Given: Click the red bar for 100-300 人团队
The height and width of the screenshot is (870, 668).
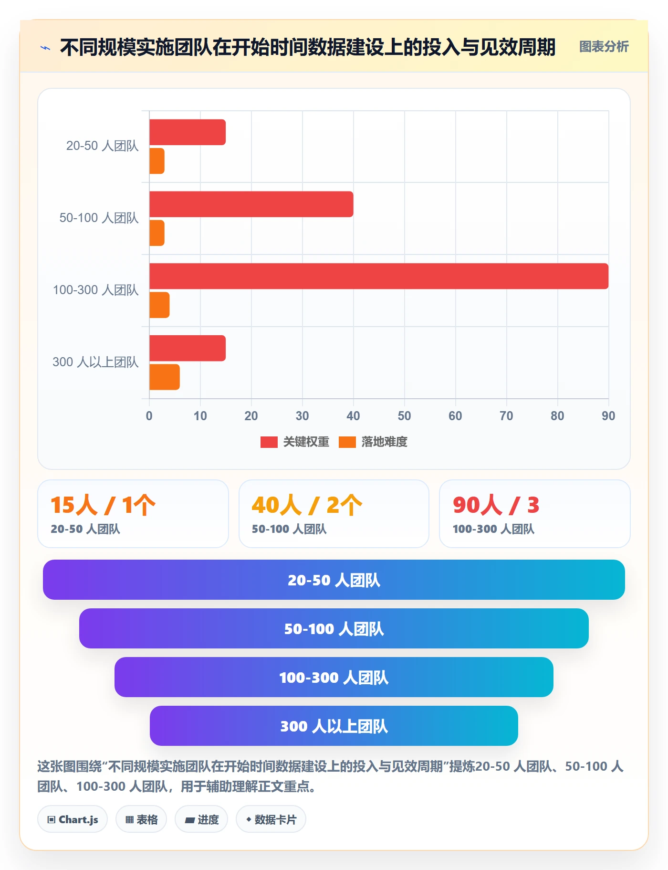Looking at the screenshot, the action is click(x=379, y=276).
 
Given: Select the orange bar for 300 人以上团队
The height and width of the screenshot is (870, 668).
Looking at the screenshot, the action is click(x=165, y=377).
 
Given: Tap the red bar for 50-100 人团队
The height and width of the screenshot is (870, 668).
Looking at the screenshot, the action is click(x=251, y=204).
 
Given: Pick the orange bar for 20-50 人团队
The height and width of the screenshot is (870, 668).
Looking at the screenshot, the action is click(x=157, y=161).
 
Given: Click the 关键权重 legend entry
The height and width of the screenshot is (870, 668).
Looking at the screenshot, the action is click(x=295, y=442).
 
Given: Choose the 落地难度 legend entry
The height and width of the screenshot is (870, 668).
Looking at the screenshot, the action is click(x=373, y=442).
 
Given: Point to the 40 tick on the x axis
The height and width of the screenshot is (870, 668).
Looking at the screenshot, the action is click(x=353, y=416).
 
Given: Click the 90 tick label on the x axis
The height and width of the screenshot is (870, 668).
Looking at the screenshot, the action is click(x=608, y=416).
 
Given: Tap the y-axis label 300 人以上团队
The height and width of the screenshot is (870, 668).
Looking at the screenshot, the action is click(x=95, y=362).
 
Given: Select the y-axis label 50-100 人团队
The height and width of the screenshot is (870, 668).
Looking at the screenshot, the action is click(x=99, y=218).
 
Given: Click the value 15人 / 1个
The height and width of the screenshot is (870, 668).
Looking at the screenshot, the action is click(x=103, y=505).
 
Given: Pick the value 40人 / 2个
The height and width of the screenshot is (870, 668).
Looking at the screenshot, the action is click(x=307, y=505).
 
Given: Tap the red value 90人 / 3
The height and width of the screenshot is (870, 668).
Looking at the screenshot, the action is click(x=496, y=505).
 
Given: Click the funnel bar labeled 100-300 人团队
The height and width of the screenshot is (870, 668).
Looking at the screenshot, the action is click(x=334, y=677).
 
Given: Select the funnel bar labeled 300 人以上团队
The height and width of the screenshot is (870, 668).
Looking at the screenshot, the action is click(x=334, y=726).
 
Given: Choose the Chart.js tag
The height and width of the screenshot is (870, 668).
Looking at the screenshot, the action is click(x=73, y=819).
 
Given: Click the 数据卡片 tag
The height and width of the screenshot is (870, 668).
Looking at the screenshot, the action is click(x=271, y=819).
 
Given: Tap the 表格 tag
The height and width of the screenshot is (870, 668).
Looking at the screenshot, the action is click(x=141, y=819).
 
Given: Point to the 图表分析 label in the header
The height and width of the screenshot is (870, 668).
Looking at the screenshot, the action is click(x=604, y=47).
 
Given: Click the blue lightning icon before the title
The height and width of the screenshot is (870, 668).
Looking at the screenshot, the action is click(x=45, y=48).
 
